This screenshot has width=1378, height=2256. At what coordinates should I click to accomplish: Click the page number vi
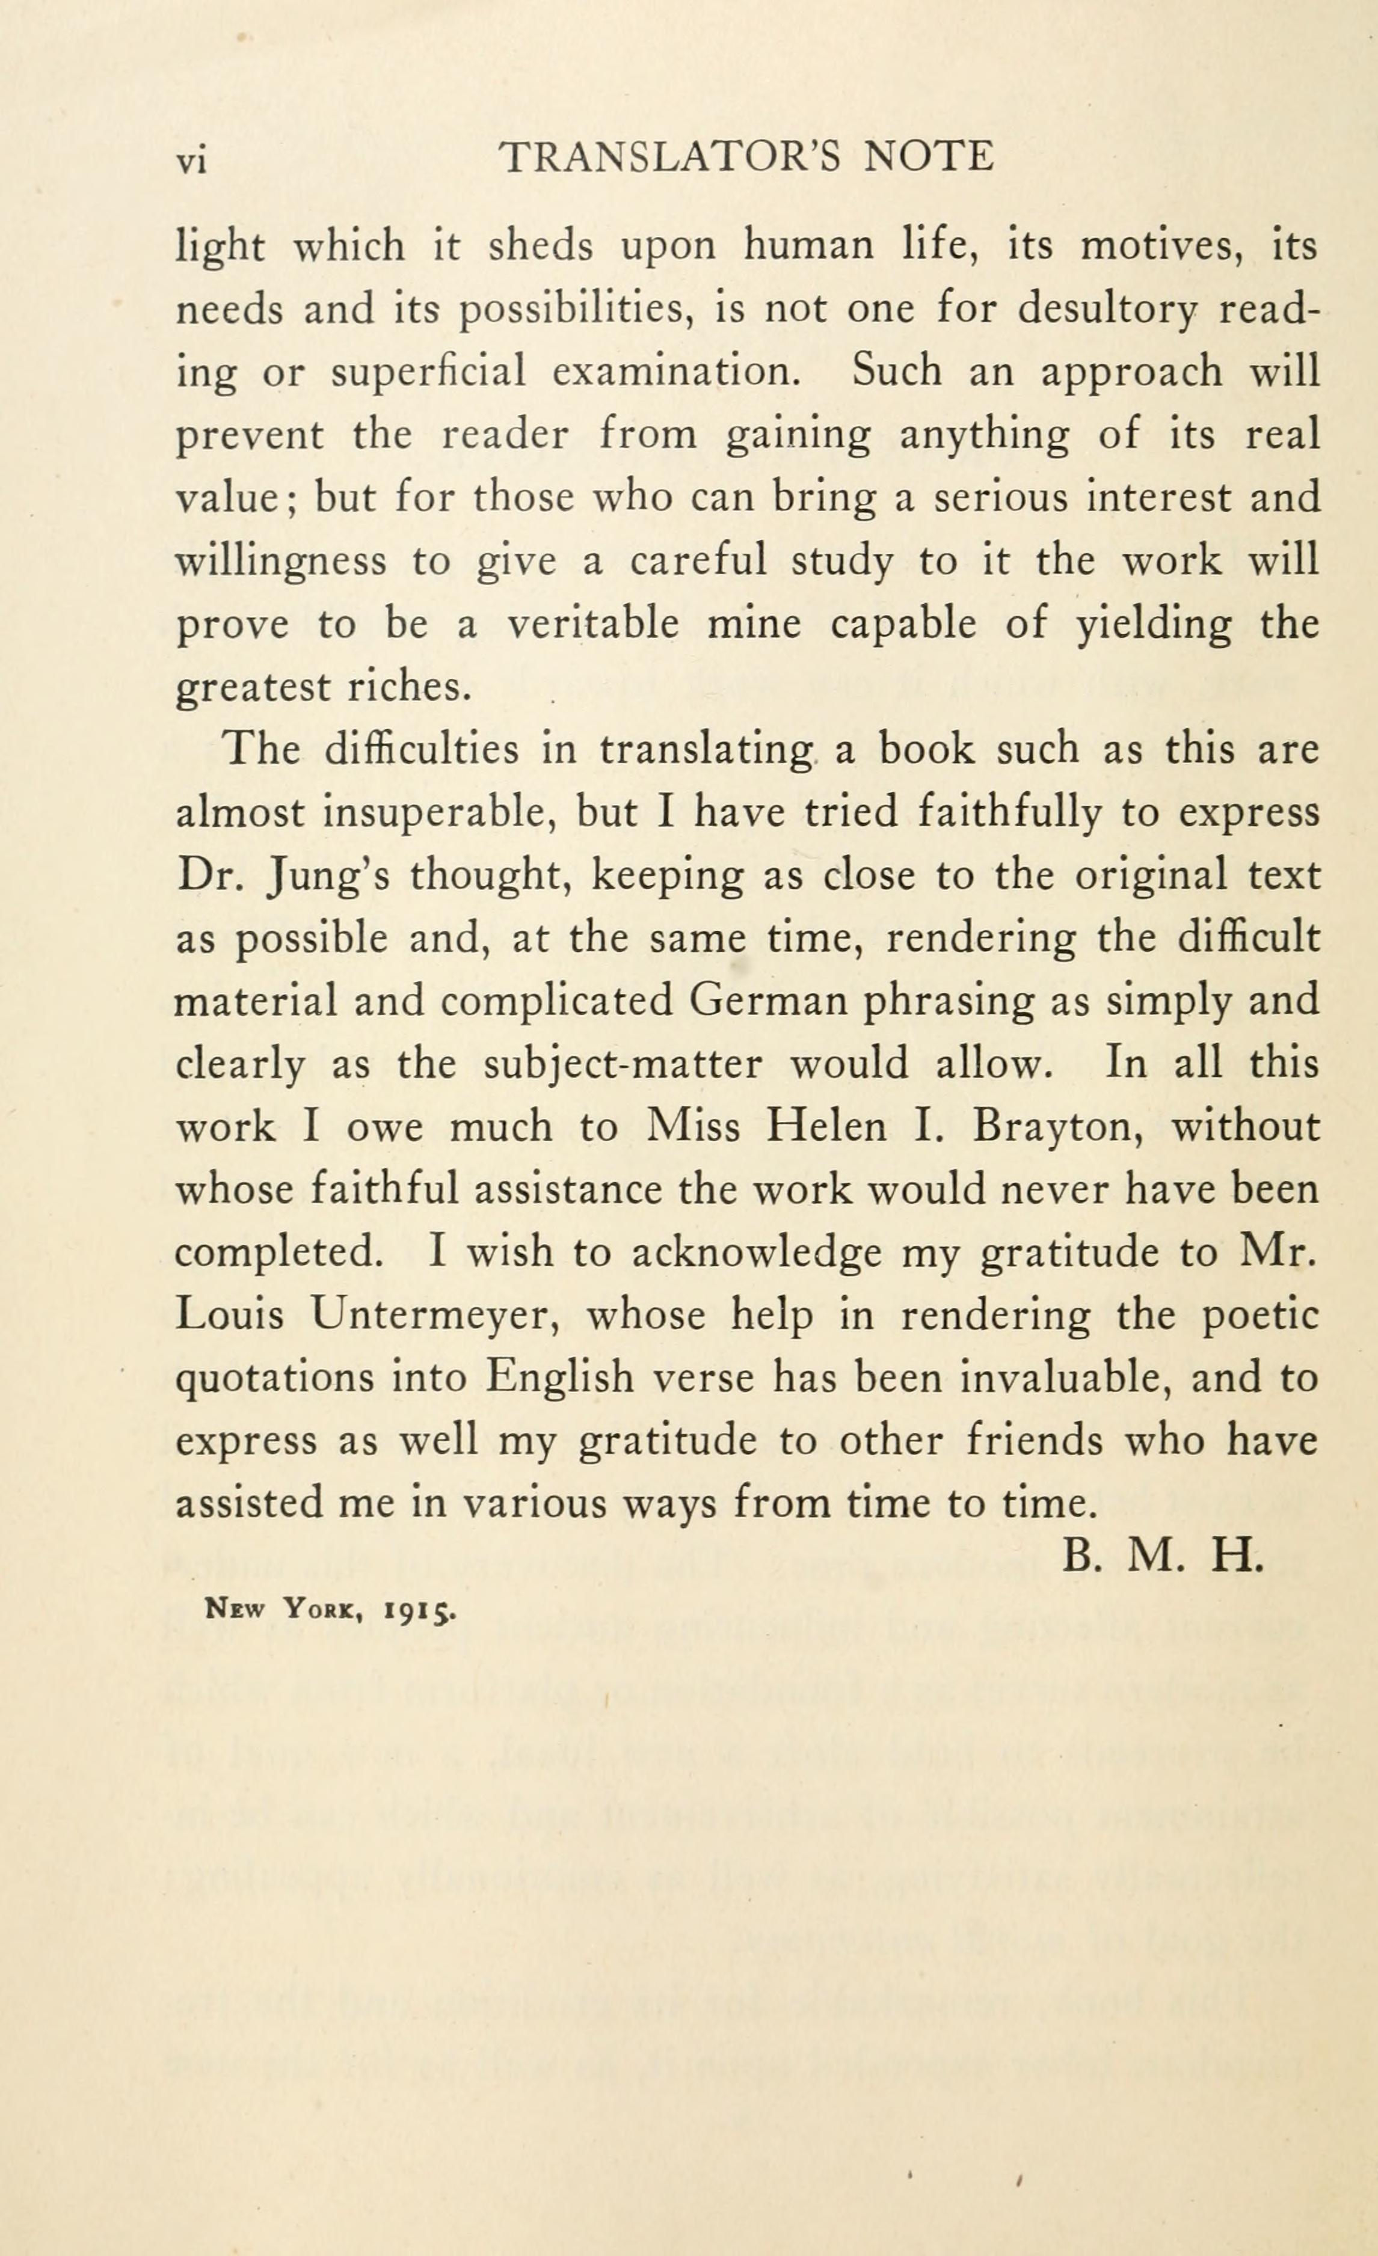tap(192, 160)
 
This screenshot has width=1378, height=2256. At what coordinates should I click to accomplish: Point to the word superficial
tap(428, 373)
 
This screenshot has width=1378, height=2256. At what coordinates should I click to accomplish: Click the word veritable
tap(593, 625)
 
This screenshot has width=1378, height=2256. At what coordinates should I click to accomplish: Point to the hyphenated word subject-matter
tap(622, 1065)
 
